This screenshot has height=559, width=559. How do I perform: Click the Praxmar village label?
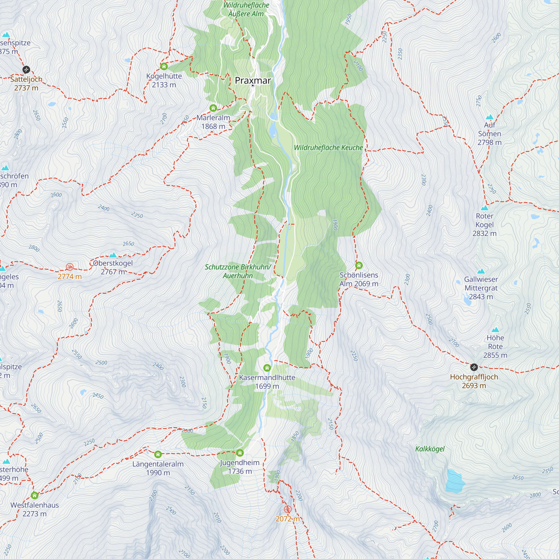click(253, 80)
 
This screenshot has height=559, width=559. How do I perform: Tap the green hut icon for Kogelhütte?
click(164, 67)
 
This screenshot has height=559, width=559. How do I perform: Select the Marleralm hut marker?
click(213, 108)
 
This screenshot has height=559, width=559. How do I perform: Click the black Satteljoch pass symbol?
click(26, 69)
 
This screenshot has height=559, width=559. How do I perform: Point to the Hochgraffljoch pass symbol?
click(474, 367)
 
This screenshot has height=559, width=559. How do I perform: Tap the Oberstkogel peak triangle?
click(113, 255)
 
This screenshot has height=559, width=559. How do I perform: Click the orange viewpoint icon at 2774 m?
click(69, 267)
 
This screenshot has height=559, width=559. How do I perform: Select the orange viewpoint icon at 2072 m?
click(287, 509)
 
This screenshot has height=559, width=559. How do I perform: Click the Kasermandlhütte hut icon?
click(267, 368)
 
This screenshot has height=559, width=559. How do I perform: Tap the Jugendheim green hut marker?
click(240, 453)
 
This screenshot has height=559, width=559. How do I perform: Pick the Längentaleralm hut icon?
click(158, 454)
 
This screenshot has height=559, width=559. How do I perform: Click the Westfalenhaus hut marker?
click(34, 495)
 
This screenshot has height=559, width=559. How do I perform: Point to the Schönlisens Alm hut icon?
click(359, 265)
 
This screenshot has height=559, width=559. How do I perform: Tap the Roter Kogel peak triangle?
click(484, 208)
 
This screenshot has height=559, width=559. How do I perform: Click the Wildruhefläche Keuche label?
click(328, 148)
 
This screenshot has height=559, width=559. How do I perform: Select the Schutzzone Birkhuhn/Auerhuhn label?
click(238, 271)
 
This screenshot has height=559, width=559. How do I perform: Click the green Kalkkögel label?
click(430, 449)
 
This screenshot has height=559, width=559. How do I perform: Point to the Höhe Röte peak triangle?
click(495, 330)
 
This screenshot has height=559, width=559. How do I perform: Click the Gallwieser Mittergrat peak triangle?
click(481, 271)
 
